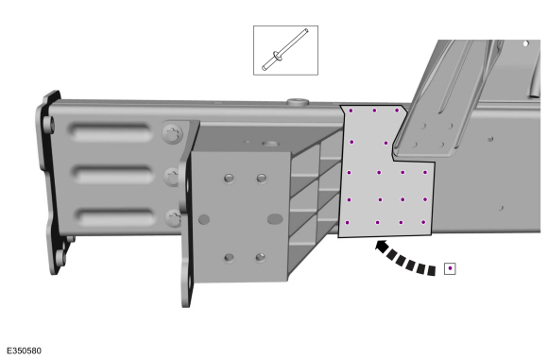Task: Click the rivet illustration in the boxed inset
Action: pyautogui.click(x=285, y=50)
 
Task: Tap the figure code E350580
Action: pyautogui.click(x=24, y=351)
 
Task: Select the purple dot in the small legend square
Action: pyautogui.click(x=450, y=268)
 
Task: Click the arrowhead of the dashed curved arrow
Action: pyautogui.click(x=382, y=246)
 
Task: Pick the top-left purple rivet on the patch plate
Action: pyautogui.click(x=351, y=111)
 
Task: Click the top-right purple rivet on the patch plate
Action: pyautogui.click(x=397, y=111)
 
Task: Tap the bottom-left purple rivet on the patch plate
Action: pyautogui.click(x=347, y=223)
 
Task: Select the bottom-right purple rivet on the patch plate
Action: pyautogui.click(x=423, y=222)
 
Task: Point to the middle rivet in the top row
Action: pyautogui.click(x=374, y=111)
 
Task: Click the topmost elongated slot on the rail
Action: pyautogui.click(x=111, y=132)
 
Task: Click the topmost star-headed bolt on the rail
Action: pyautogui.click(x=173, y=133)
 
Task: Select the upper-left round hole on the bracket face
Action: pyautogui.click(x=229, y=179)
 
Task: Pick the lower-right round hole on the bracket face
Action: pyautogui.click(x=260, y=258)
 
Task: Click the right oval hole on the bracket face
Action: pyautogui.click(x=275, y=219)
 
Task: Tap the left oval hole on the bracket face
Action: pyautogui.click(x=204, y=219)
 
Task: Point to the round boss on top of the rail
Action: pyautogui.click(x=299, y=102)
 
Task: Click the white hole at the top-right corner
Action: pyautogui.click(x=525, y=43)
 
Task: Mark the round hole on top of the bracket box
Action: pyautogui.click(x=270, y=144)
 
